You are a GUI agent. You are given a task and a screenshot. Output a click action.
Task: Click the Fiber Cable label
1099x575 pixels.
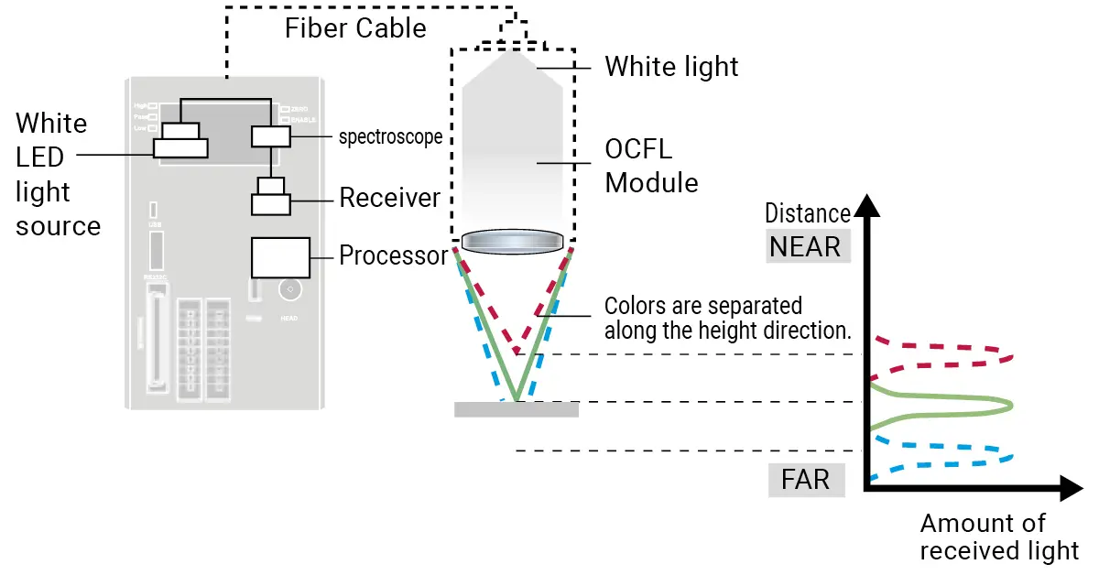[x=355, y=28]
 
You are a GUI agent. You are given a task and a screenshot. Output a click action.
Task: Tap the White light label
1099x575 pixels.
[x=671, y=67]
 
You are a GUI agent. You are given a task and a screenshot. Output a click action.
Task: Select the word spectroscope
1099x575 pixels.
[x=390, y=137]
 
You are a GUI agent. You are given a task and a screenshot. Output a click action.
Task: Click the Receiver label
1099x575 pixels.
[x=389, y=198]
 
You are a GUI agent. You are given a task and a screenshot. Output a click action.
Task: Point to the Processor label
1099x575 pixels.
[x=394, y=255]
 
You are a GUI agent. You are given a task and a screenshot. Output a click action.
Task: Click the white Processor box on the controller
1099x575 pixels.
[x=279, y=257]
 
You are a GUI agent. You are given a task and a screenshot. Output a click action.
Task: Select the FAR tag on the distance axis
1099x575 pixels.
[x=805, y=479]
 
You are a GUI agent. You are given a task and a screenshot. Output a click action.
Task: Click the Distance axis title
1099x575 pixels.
[x=808, y=213]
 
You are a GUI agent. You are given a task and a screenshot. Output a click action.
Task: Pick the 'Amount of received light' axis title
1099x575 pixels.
[x=998, y=537]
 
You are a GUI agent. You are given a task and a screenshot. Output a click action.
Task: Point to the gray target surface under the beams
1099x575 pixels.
[x=517, y=409]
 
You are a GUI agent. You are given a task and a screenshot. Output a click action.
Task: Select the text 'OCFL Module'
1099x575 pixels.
[x=651, y=166]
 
